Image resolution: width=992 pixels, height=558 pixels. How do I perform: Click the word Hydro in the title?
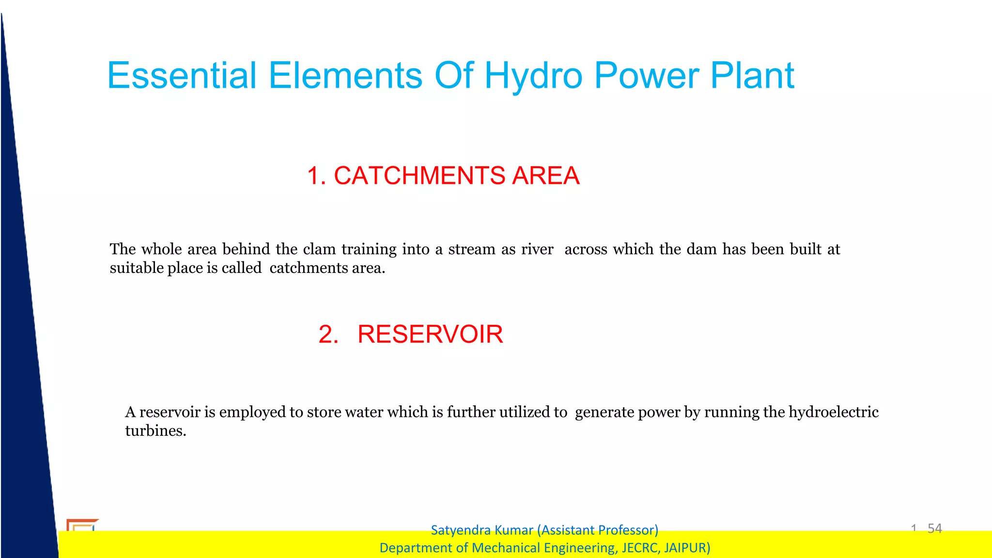(533, 76)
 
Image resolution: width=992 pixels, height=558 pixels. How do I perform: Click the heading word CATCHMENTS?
(419, 175)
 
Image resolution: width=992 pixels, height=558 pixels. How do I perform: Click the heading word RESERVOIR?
(430, 335)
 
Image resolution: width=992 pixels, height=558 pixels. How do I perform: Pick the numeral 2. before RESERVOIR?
(328, 335)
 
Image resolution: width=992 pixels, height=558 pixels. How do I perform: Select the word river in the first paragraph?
(537, 249)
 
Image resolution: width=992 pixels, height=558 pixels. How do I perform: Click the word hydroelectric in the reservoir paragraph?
(833, 412)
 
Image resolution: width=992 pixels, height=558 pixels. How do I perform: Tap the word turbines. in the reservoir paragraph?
(155, 431)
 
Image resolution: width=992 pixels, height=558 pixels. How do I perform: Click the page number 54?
(934, 528)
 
